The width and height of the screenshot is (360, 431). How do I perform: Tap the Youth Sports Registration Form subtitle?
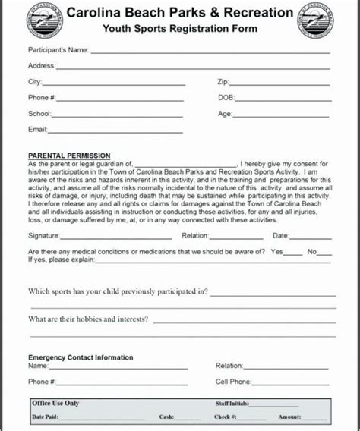click(x=180, y=30)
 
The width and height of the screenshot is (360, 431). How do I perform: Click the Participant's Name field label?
click(x=58, y=51)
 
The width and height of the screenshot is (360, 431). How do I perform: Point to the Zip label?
click(x=223, y=80)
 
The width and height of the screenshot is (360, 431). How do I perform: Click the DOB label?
click(x=226, y=97)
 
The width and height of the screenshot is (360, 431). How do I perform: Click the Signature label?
click(x=44, y=236)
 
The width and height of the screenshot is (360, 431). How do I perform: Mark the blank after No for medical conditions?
click(x=324, y=253)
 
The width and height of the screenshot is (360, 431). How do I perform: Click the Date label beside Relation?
click(x=281, y=236)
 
